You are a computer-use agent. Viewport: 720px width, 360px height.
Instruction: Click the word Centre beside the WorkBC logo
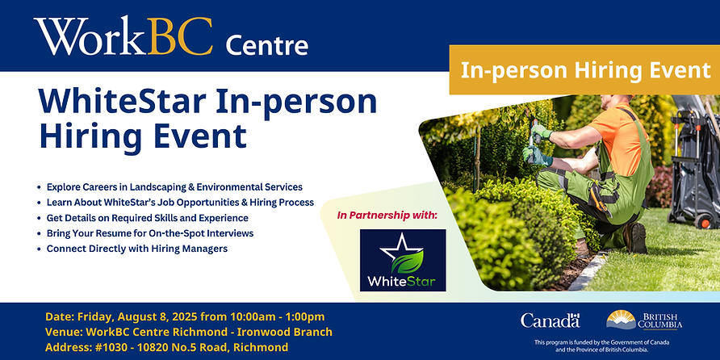266,46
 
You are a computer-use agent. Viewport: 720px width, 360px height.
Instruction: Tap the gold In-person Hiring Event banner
584,69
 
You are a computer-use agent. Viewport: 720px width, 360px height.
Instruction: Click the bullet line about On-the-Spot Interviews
150,233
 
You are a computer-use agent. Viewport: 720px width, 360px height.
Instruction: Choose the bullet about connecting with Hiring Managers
137,249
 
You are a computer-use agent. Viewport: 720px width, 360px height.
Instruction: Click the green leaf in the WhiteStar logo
406,262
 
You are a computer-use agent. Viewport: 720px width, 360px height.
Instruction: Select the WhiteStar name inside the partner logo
401,281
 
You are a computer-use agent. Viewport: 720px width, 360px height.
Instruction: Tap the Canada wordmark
550,320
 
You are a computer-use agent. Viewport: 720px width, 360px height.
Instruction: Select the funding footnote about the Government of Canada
601,346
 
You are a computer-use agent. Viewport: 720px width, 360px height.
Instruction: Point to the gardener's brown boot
635,237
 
